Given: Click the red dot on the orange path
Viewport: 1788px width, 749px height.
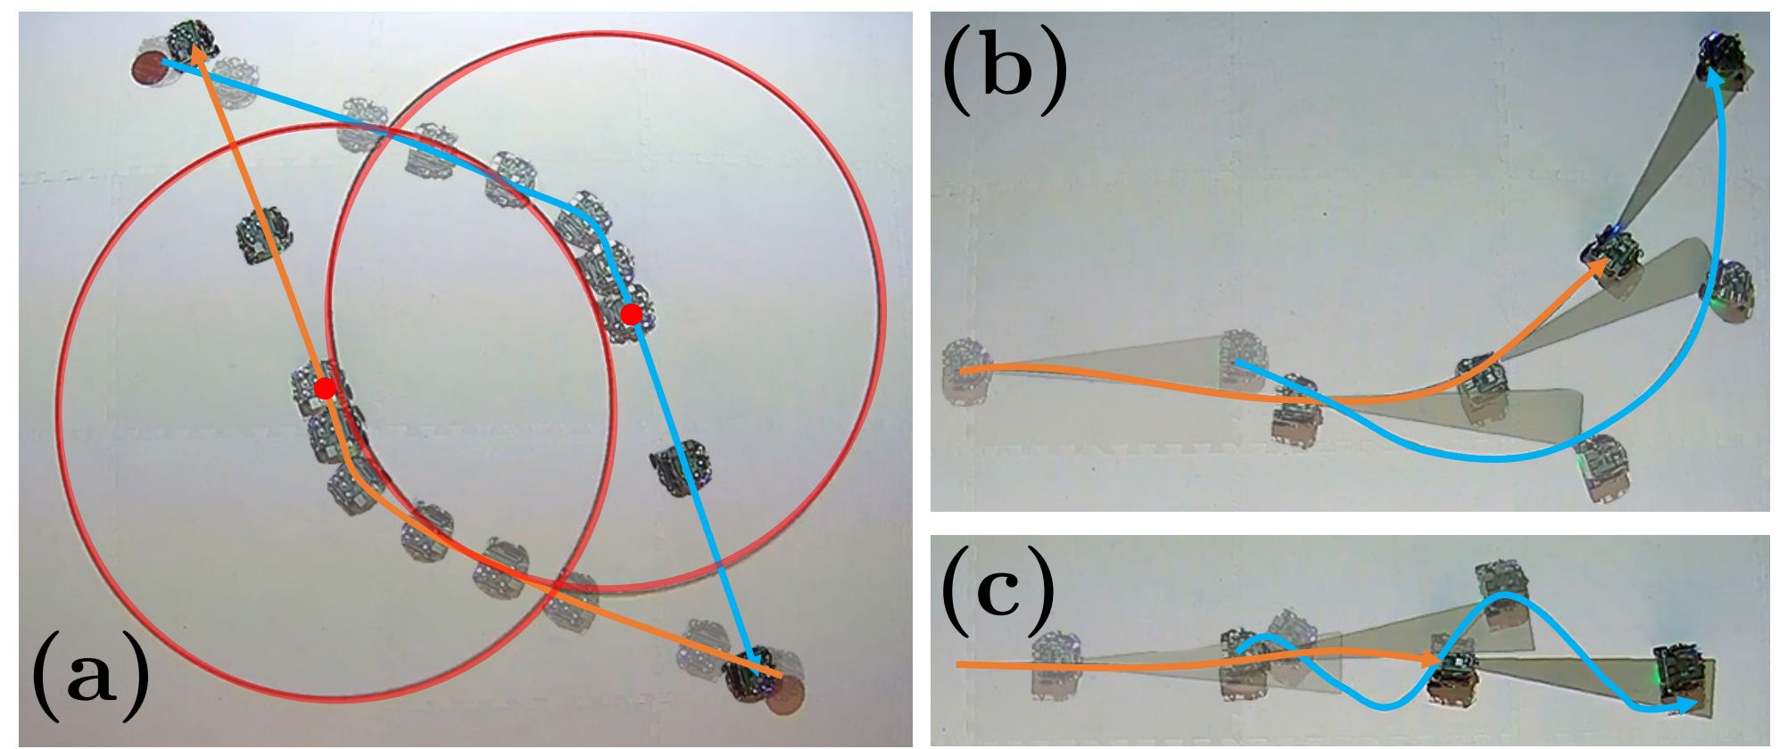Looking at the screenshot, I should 325,388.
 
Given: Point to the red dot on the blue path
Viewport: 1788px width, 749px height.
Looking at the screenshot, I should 631,314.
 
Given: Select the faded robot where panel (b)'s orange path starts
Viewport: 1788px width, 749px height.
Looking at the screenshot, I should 966,373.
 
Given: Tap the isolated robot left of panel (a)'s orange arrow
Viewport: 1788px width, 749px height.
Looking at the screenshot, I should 264,235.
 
